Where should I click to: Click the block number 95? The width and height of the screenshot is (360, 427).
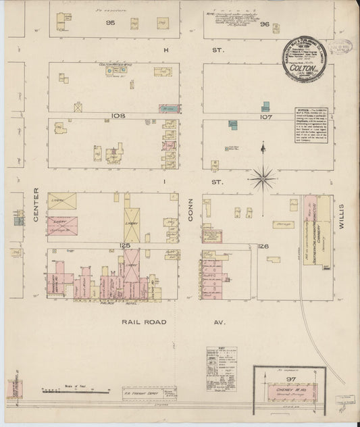pos(111,23)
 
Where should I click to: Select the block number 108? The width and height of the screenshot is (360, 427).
pos(118,116)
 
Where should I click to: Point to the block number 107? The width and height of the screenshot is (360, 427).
pos(265,116)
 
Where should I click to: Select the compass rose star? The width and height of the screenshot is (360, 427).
pos(262,178)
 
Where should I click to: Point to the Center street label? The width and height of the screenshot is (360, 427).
pos(36,205)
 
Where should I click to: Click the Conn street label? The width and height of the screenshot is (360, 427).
pos(190,211)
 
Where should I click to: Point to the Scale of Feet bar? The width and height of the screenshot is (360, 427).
pos(75,391)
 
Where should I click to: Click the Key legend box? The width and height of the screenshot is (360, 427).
pos(222,369)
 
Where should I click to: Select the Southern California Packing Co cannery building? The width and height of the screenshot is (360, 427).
pos(311,230)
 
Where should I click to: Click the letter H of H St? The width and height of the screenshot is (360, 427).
pos(165,50)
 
